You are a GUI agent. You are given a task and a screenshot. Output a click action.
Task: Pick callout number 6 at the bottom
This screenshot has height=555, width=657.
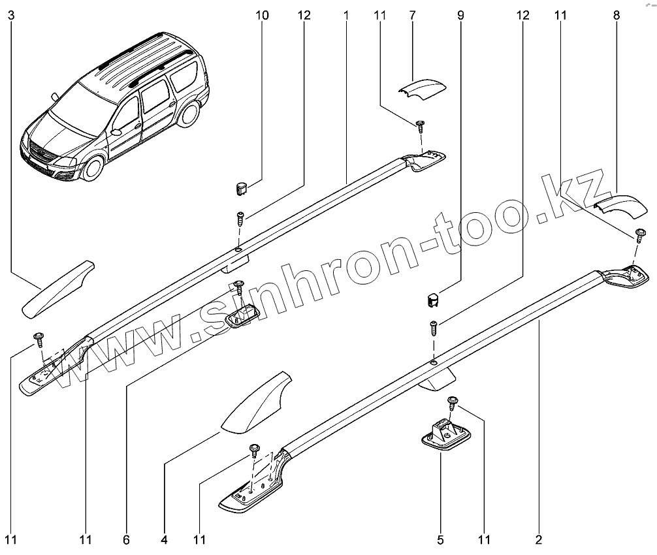pos(126,540)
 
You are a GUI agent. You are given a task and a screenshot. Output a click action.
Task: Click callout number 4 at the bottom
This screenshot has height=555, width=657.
pos(164,540)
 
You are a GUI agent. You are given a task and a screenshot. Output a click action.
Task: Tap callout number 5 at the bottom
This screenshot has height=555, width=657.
pos(440,540)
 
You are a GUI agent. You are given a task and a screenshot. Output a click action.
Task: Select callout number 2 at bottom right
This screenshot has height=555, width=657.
pos(539,540)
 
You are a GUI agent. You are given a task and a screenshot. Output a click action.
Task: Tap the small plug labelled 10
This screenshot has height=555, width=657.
pos(242,189)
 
